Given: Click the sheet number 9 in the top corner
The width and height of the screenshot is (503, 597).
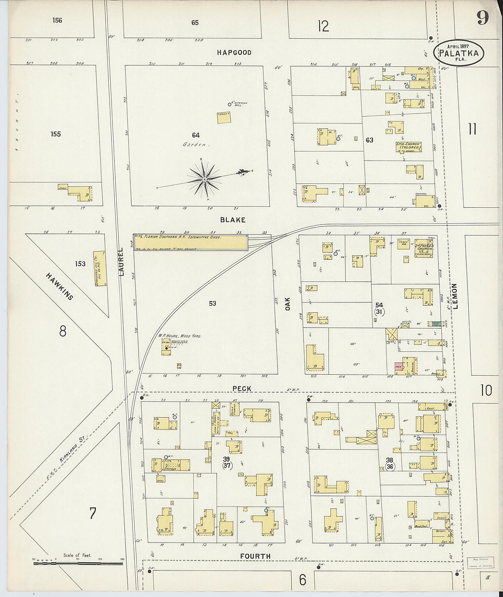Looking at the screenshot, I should pos(482,18).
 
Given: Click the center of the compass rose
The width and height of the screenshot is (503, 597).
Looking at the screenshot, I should pos(205,179).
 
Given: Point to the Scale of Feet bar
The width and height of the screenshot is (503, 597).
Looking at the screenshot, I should pos(77,563).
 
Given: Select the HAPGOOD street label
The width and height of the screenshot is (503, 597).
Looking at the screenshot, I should pos(234,53).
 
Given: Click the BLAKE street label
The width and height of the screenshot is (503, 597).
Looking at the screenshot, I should pos(233,220).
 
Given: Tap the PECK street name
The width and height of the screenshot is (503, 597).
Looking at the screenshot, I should pos(241,388).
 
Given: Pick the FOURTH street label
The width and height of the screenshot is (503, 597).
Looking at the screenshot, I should pos(255,556).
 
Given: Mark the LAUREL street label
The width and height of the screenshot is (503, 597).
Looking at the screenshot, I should pos(121,262).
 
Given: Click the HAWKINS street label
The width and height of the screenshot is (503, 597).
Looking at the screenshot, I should pos(59,286).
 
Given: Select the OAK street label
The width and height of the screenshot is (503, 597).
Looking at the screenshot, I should pos(288,304).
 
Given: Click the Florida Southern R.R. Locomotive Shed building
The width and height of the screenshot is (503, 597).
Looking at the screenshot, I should pos(190,242).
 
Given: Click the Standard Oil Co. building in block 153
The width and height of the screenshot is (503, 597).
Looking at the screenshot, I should pos(100,268).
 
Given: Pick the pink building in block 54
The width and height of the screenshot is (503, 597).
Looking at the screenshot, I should pos(398,367).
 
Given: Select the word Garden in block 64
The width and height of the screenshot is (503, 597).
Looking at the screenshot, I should pos(196,145).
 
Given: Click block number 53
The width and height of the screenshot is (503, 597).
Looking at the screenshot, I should pos(212,303).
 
